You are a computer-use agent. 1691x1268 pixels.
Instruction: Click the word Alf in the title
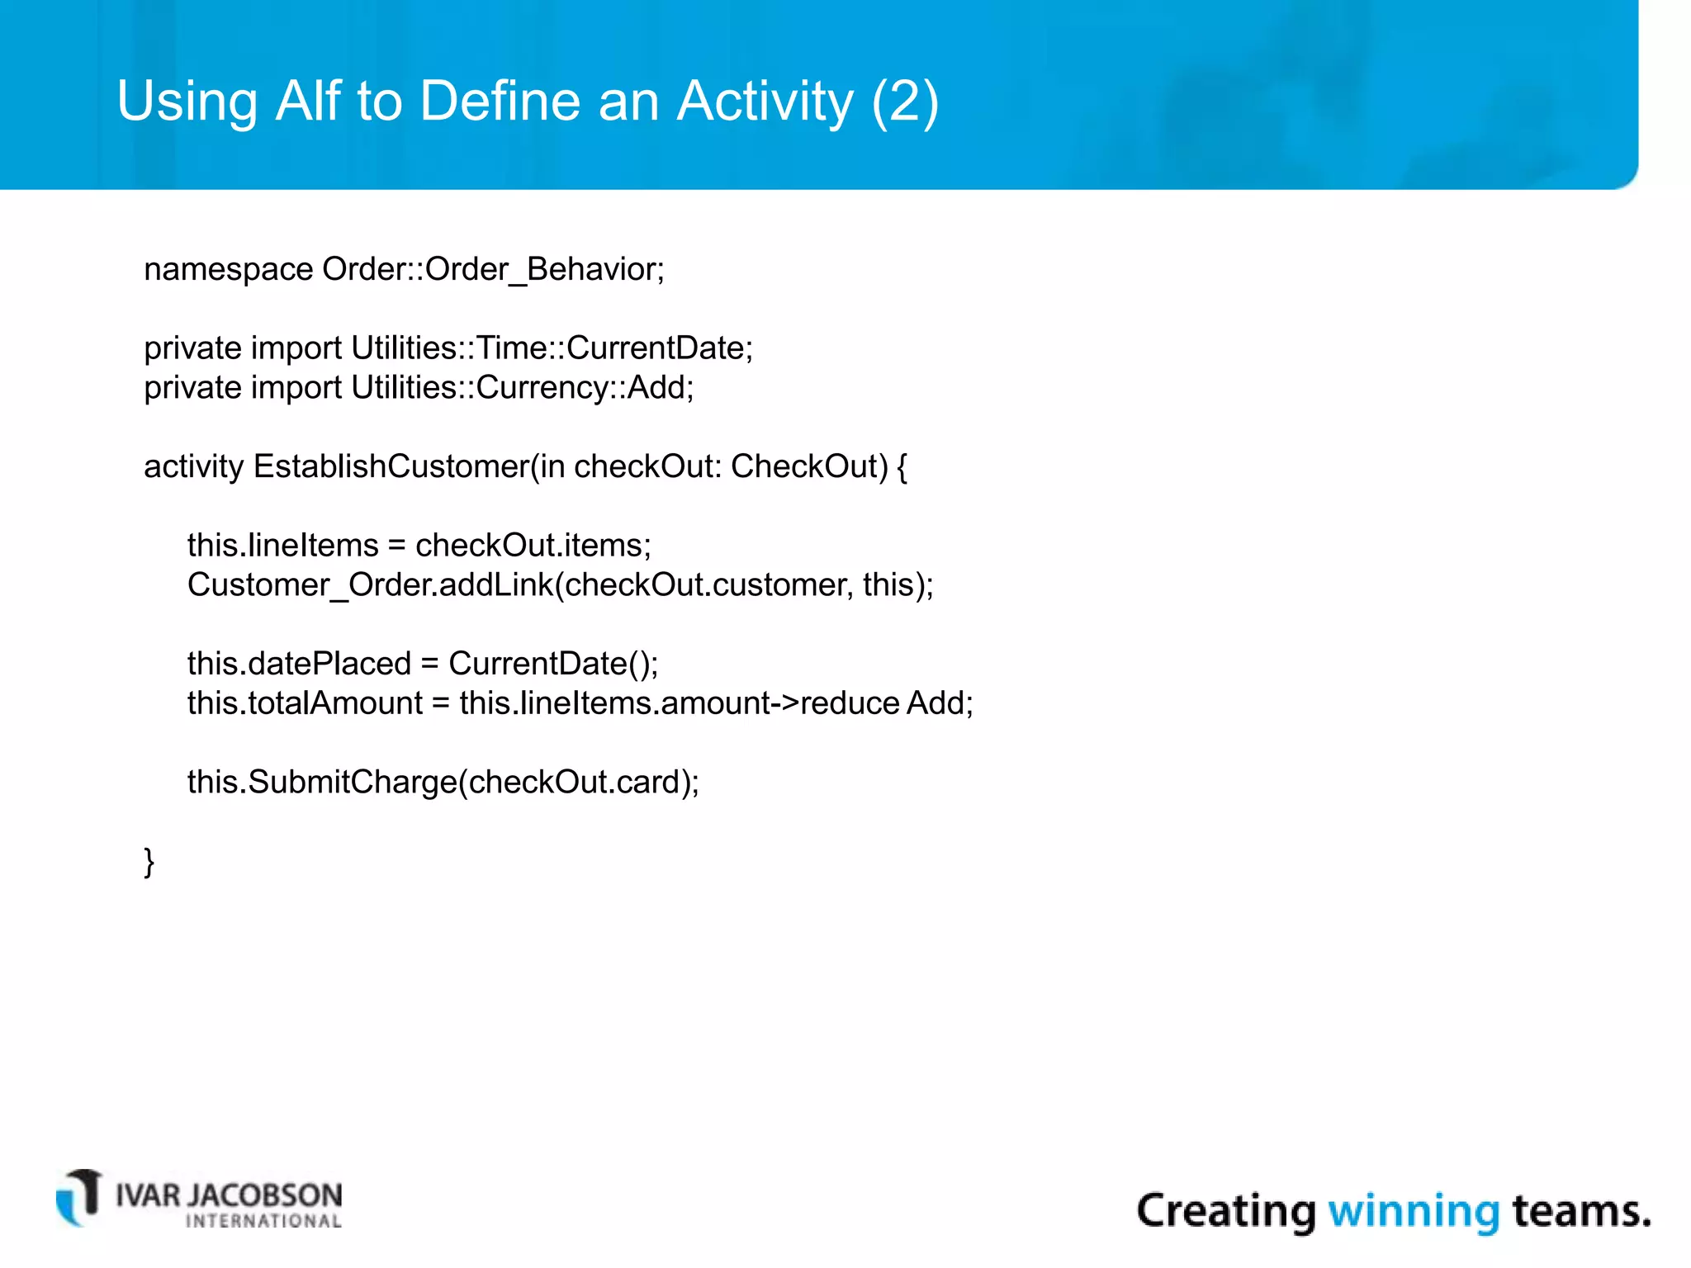coord(308,101)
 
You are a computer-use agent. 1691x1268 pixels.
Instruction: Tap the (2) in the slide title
coord(905,101)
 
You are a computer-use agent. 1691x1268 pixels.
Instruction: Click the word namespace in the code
coord(228,270)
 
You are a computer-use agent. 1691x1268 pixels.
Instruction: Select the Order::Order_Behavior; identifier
coord(493,270)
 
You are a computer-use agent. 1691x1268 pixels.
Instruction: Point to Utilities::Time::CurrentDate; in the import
coord(552,348)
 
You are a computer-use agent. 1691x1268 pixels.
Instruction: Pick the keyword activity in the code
coord(193,467)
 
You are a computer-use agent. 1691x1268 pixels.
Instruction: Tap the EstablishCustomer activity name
coord(391,467)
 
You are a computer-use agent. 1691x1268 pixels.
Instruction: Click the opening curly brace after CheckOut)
coord(902,467)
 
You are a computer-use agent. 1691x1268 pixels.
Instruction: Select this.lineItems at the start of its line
coord(282,546)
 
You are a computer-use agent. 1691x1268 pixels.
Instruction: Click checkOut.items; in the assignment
coord(533,546)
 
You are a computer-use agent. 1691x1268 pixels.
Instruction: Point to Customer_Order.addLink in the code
coord(370,585)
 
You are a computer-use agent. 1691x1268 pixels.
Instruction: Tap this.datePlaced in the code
coord(299,664)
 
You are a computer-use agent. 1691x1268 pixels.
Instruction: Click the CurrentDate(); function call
coord(552,664)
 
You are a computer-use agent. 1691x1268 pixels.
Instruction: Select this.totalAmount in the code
coord(305,703)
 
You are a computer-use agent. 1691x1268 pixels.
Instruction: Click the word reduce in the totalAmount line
coord(849,703)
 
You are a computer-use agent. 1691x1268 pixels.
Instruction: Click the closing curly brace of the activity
coord(149,862)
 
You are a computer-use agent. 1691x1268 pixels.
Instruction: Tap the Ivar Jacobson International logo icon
coord(79,1198)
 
